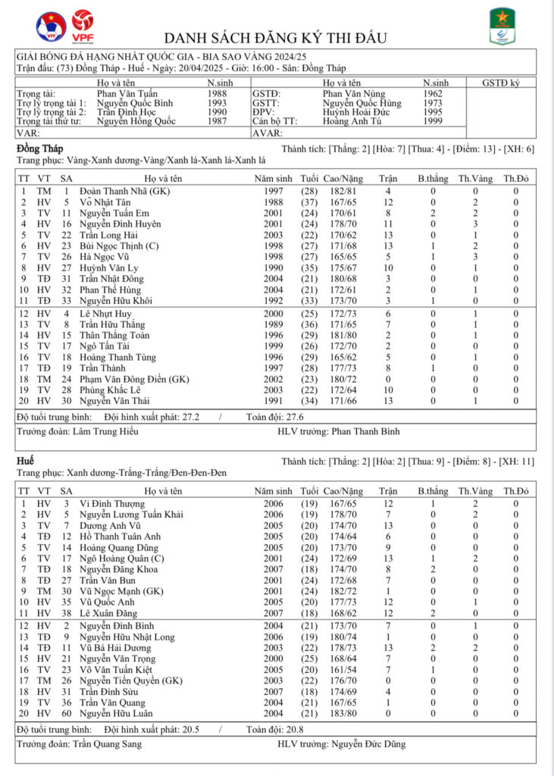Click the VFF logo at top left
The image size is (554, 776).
pyautogui.click(x=50, y=25)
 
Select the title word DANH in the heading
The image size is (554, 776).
pyautogui.click(x=186, y=37)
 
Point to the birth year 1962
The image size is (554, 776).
pyautogui.click(x=433, y=93)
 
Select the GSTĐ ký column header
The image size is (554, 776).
pyautogui.click(x=500, y=83)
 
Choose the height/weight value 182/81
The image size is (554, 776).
pyautogui.click(x=339, y=192)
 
